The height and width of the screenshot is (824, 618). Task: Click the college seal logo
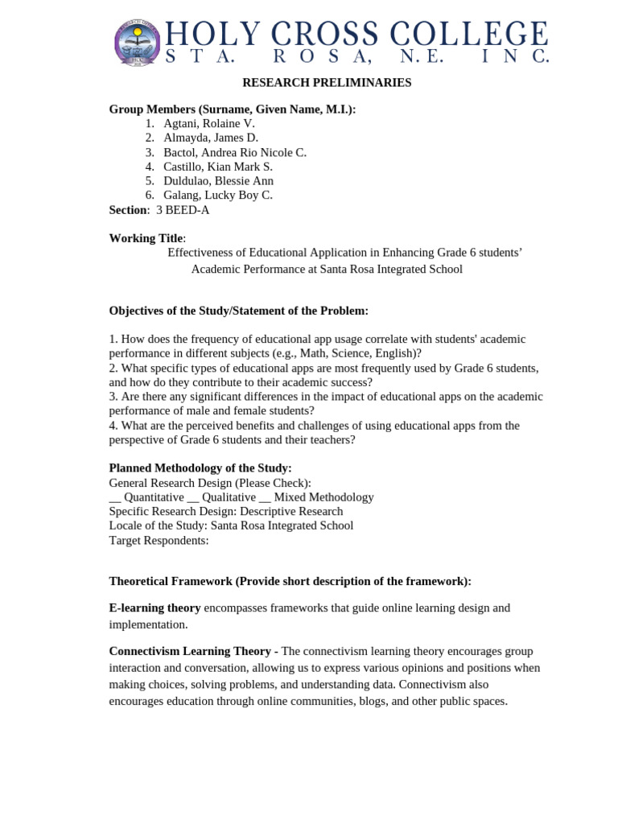click(138, 42)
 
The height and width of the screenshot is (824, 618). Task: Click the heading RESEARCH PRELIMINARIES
click(327, 83)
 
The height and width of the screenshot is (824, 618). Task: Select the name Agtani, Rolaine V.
click(208, 123)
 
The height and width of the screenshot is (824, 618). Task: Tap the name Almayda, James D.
click(211, 138)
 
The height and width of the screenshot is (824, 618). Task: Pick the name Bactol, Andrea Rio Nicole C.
click(235, 152)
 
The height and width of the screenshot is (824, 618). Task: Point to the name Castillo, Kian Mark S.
click(218, 167)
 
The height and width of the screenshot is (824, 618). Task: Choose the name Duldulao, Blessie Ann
click(218, 181)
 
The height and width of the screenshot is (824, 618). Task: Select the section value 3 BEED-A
click(183, 210)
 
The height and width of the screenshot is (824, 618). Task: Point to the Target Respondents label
click(159, 540)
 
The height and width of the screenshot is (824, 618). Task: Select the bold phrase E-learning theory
click(154, 608)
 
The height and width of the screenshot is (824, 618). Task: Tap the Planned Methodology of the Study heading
click(200, 468)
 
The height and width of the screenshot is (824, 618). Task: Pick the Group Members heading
click(232, 109)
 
